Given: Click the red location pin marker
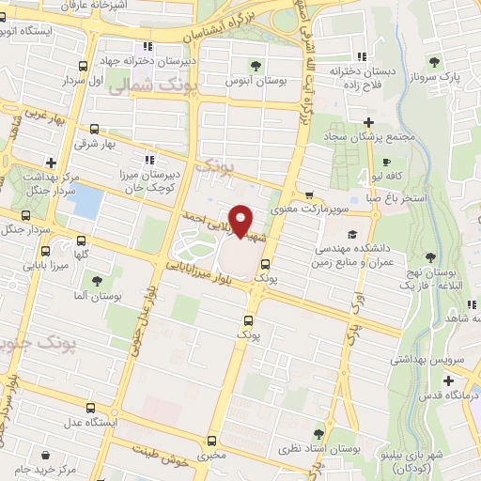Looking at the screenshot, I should click(241, 221).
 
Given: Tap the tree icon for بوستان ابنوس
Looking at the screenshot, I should click(256, 65).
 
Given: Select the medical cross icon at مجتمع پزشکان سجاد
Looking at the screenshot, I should click(369, 122).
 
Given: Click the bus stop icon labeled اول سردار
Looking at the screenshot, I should click(85, 66).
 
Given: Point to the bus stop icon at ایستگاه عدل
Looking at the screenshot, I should click(90, 408).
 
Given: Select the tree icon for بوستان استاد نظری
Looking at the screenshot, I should click(318, 434).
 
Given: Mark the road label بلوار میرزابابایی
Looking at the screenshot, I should click(199, 267).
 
